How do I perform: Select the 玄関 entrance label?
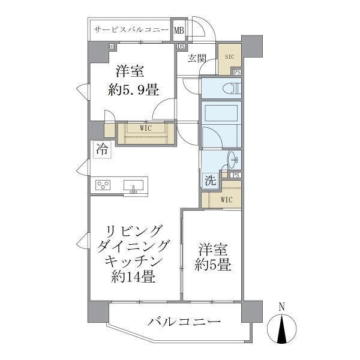[x=197, y=58]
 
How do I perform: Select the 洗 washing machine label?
[x=209, y=180]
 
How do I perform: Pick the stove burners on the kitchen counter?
[x=103, y=185]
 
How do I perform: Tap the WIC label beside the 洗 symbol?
[x=226, y=199]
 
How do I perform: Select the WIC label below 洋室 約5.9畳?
[x=145, y=128]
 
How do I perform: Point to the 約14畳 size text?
[x=134, y=277]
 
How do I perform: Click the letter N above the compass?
[x=282, y=307]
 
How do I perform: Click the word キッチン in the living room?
[x=134, y=262]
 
